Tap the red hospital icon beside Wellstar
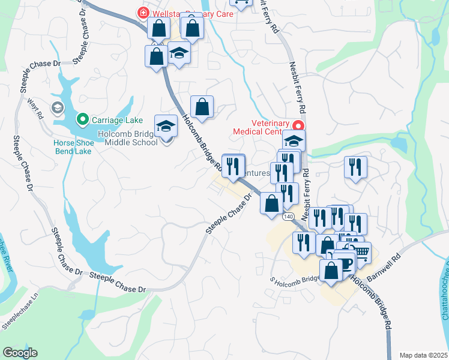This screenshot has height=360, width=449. pyautogui.click(x=143, y=12)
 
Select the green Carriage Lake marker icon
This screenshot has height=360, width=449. pyautogui.click(x=83, y=119)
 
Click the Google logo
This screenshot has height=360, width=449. pyautogui.click(x=20, y=353)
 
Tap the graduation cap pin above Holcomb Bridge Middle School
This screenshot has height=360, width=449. pyautogui.click(x=166, y=126)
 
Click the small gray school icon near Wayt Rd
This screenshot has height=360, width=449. pyautogui.click(x=58, y=108)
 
